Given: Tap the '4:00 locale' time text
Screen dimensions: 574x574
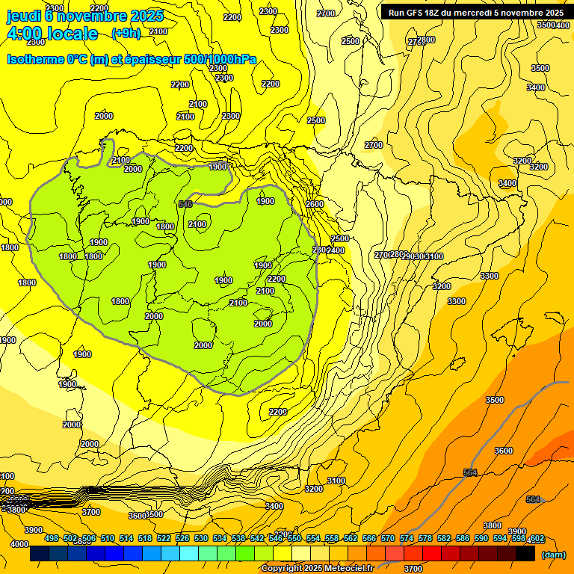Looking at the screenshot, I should pyautogui.click(x=52, y=34).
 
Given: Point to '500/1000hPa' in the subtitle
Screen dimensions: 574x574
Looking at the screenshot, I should pyautogui.click(x=220, y=60).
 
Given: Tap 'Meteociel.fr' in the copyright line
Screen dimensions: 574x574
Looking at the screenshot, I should pyautogui.click(x=345, y=569).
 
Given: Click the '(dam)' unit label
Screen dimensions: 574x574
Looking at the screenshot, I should pyautogui.click(x=552, y=555).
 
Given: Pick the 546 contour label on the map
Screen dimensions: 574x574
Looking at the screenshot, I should pyautogui.click(x=186, y=204).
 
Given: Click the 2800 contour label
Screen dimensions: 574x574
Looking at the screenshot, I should pyautogui.click(x=426, y=40).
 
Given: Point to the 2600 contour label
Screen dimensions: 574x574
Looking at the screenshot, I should pyautogui.click(x=315, y=204).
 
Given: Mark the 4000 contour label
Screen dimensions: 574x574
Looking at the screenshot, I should pyautogui.click(x=19, y=544).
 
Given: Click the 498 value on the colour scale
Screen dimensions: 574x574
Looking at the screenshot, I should pyautogui.click(x=52, y=538).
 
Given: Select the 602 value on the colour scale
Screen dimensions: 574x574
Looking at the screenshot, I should pyautogui.click(x=536, y=538).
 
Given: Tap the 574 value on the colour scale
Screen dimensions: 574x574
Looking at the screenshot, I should pyautogui.click(x=407, y=538).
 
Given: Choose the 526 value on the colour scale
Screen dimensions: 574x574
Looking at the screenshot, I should pyautogui.click(x=182, y=538).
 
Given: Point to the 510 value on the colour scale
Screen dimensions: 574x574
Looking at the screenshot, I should pyautogui.click(x=108, y=538).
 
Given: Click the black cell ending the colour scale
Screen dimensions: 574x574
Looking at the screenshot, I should pyautogui.click(x=525, y=554).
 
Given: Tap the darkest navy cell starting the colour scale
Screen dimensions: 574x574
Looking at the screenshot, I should pyautogui.click(x=40, y=554).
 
